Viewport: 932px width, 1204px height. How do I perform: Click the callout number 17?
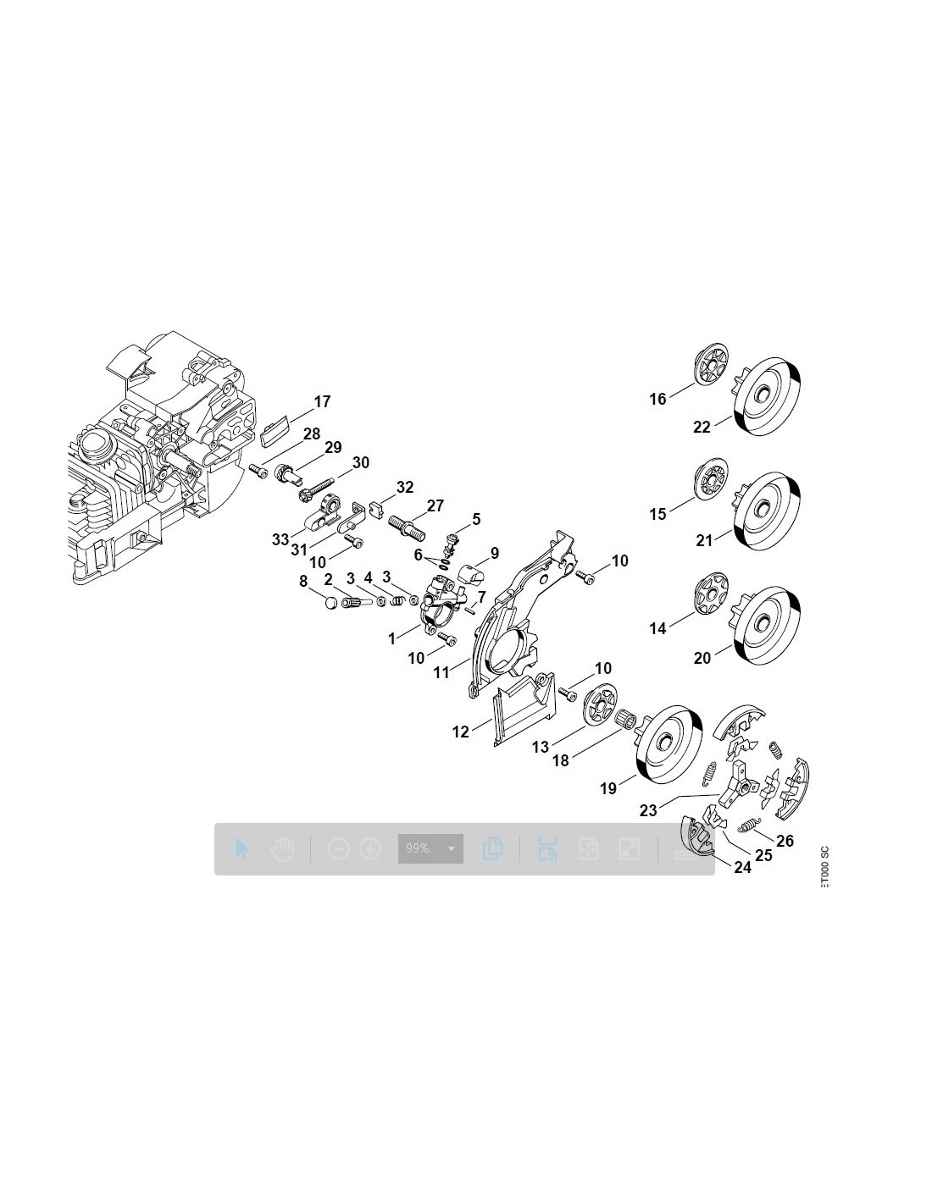click(322, 402)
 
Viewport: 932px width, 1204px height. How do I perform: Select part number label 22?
click(702, 428)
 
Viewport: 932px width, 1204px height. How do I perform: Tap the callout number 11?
click(441, 673)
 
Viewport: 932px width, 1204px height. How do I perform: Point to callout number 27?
click(435, 506)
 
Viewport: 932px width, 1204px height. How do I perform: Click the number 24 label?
click(743, 867)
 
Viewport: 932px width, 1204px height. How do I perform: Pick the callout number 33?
click(280, 539)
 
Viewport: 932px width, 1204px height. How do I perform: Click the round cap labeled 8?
click(326, 604)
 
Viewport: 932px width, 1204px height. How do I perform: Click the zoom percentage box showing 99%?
click(430, 848)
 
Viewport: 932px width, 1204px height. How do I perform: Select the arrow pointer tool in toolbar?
click(242, 849)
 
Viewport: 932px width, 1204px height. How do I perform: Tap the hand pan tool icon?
click(282, 849)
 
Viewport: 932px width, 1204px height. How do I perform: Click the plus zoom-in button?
click(370, 848)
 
